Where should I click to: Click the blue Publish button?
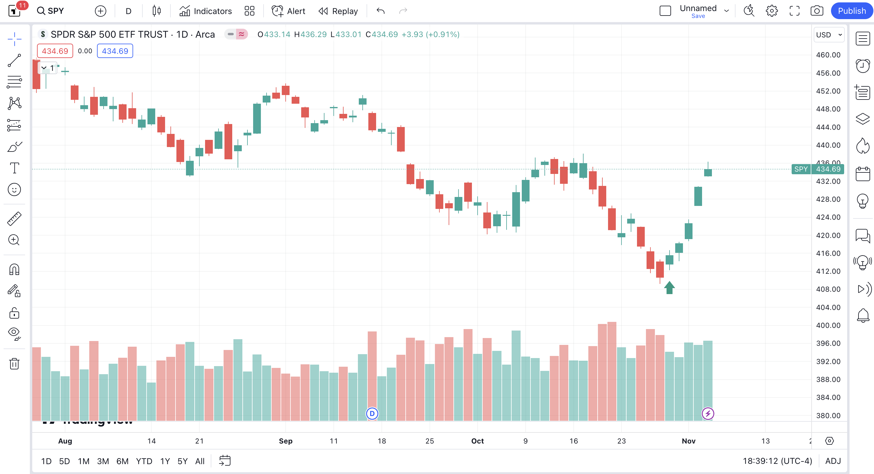[x=851, y=11]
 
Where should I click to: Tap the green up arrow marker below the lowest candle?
[x=669, y=288]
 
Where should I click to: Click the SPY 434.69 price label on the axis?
[x=818, y=169]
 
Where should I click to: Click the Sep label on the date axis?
[x=285, y=441]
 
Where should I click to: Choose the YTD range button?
[x=144, y=461]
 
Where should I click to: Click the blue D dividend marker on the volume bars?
[x=372, y=414]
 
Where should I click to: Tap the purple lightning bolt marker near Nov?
[x=707, y=414]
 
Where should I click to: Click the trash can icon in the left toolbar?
[x=14, y=364]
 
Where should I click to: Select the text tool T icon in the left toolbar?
[x=14, y=168]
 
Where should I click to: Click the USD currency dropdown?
[x=829, y=35]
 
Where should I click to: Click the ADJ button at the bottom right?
[x=833, y=461]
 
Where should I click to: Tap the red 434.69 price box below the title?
[x=55, y=51]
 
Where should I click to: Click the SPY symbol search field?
[x=51, y=11]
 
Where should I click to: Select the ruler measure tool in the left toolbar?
[x=14, y=218]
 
